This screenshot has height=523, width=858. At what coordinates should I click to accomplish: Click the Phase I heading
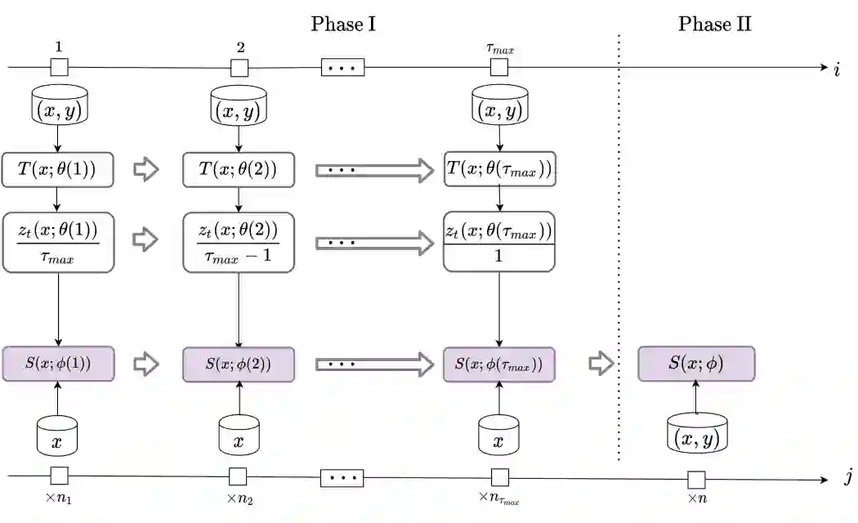pos(342,24)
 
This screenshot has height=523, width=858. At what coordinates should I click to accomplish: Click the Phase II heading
pos(714,24)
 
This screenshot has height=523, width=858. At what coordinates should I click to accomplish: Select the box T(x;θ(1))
pos(57,170)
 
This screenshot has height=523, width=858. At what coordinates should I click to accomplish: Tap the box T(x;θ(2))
pos(239,170)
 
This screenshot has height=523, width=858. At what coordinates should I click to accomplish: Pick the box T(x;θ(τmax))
pos(499,170)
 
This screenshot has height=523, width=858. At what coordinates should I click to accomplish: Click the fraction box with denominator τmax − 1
pos(239,242)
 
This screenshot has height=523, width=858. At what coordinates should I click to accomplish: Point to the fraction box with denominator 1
pos(499,242)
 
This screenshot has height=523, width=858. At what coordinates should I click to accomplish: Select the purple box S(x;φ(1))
pos(57,364)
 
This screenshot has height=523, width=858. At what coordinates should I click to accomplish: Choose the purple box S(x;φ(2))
pos(239,364)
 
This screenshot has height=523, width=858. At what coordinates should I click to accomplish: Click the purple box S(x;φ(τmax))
pos(499,364)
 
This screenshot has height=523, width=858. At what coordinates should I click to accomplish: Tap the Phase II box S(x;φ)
pos(695,364)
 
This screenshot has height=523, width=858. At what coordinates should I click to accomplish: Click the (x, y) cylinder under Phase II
pos(696,432)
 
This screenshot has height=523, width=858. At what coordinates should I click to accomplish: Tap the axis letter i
pos(837,70)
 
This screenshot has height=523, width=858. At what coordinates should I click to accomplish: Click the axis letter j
pos(847,478)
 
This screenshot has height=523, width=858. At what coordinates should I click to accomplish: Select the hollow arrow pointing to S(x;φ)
pos(601,364)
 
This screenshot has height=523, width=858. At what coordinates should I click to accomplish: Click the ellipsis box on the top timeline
pos(342,68)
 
